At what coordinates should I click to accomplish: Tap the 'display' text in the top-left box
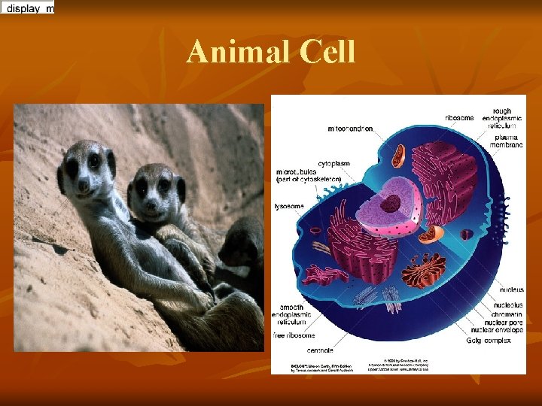tap(24, 8)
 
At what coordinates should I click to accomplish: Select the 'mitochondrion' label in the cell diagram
tap(350, 129)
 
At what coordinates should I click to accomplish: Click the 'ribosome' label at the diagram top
tap(459, 117)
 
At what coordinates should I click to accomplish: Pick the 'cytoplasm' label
tap(333, 162)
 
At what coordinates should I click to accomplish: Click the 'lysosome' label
tap(288, 205)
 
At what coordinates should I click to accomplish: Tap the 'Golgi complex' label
tap(489, 340)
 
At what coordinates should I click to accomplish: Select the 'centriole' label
tap(321, 350)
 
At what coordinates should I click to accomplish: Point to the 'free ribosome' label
tap(294, 335)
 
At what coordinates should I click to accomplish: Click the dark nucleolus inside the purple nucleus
tap(391, 203)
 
